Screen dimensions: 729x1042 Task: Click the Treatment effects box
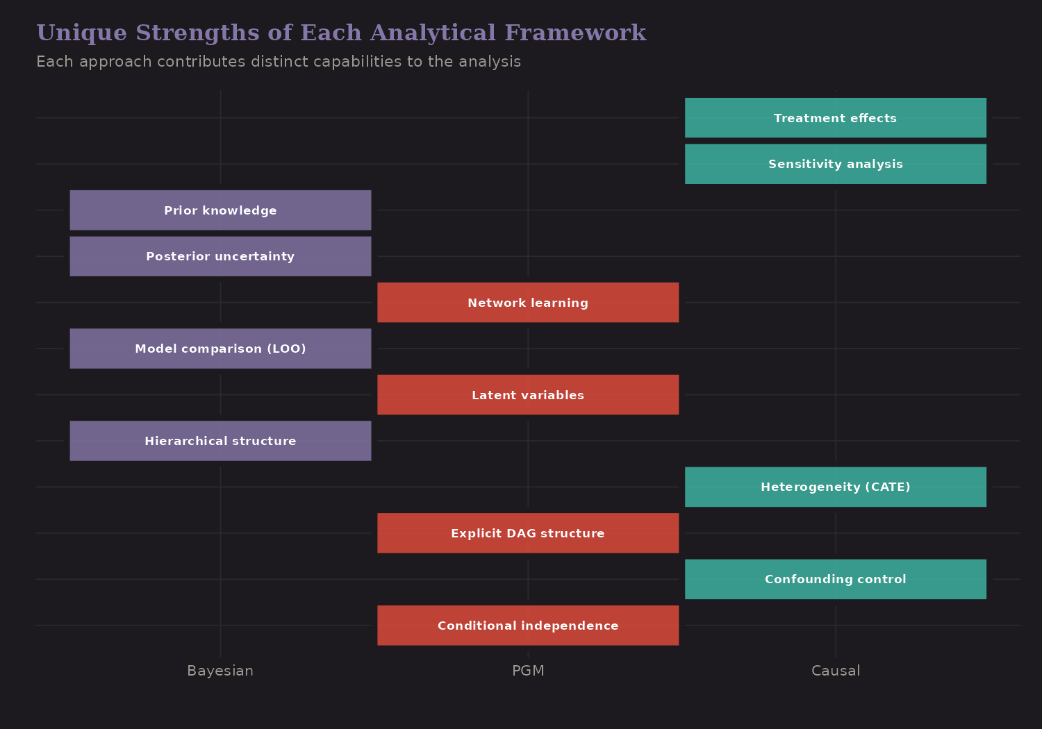[x=835, y=118]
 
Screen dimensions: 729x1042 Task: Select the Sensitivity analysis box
[x=835, y=164]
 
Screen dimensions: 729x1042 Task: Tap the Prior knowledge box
[x=220, y=210]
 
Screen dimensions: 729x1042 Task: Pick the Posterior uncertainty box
[x=220, y=256]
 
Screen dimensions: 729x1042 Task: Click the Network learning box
[x=528, y=303]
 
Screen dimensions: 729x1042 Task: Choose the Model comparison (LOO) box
[x=220, y=349]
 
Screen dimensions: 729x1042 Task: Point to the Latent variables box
[x=528, y=395]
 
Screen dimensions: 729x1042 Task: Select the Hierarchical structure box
[x=220, y=441]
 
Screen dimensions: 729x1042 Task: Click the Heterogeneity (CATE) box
[x=835, y=487]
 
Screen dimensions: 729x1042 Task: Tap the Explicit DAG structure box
[x=528, y=533]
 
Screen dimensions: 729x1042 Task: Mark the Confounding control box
[x=835, y=579]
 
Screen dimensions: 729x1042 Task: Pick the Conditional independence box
[x=528, y=626]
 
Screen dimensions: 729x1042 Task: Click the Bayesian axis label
[x=220, y=671]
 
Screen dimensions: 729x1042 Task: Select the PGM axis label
[x=528, y=671]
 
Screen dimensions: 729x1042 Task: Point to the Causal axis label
[x=835, y=671]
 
